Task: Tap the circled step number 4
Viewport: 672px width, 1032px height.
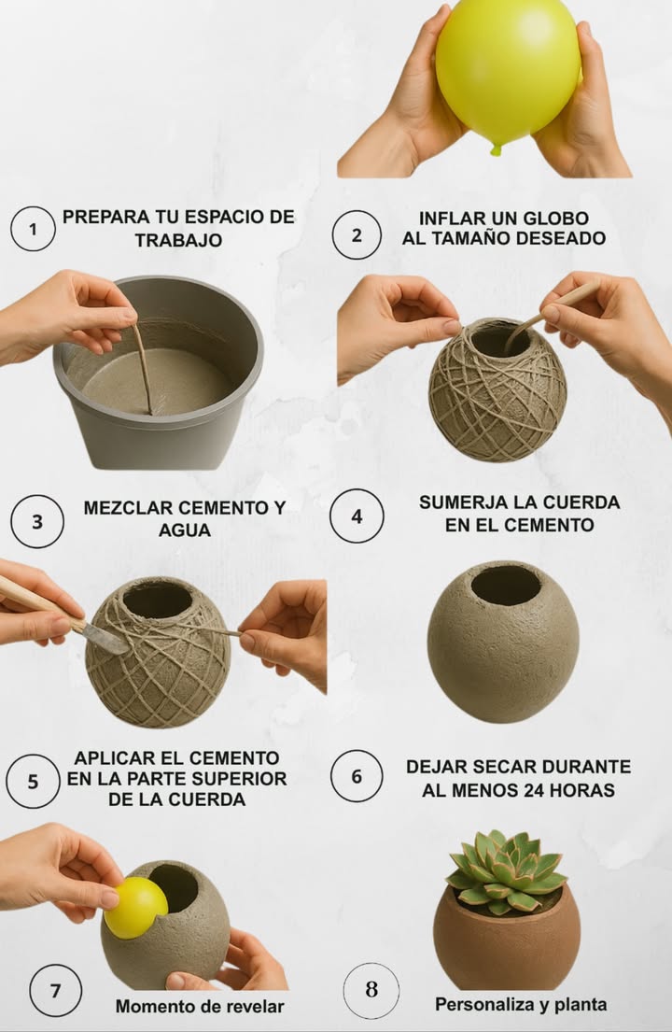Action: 357,516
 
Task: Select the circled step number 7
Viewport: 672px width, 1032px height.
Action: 55,990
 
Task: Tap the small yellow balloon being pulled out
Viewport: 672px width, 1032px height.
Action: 135,907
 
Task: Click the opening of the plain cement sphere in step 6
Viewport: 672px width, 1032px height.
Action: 505,586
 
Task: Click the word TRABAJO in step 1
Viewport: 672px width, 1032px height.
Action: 178,240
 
